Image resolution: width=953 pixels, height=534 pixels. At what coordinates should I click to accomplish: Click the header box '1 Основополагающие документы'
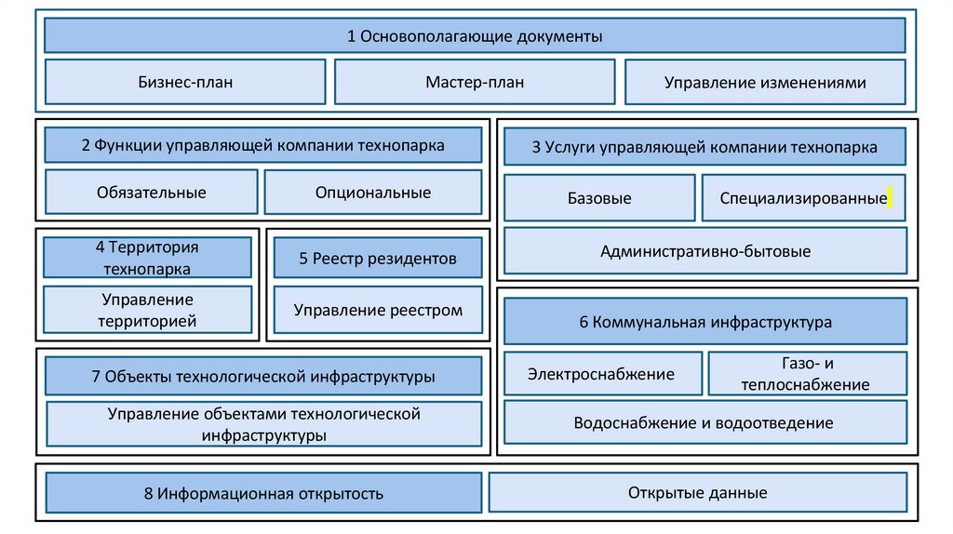tap(475, 36)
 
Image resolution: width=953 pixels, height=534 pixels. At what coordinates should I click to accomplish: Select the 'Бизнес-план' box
tap(185, 82)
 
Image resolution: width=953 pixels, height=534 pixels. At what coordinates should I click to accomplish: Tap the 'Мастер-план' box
tap(475, 82)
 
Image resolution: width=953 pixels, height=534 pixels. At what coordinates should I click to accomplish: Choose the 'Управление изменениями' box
tap(765, 82)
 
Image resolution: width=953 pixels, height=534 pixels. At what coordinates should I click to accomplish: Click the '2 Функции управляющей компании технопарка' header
tap(263, 145)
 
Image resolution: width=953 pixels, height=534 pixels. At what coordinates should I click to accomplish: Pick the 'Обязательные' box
tap(152, 193)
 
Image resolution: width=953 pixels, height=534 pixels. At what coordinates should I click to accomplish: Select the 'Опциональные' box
tap(373, 193)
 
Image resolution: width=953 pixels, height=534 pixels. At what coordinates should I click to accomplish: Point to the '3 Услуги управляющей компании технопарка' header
tap(705, 147)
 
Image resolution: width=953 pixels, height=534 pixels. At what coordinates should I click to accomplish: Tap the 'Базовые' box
tap(599, 198)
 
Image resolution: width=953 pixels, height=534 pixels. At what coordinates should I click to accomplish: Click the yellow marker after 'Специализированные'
tap(890, 196)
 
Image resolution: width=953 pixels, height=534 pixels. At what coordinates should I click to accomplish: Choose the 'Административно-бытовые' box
tap(705, 251)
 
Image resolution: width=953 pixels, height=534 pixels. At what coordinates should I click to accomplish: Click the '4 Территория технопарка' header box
tap(147, 258)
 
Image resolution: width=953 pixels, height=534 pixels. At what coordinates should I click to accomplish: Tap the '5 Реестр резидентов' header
tap(378, 258)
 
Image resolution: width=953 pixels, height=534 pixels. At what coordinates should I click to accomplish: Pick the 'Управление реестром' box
tap(378, 311)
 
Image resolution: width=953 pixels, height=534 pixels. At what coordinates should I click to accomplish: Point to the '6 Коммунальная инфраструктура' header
tap(705, 322)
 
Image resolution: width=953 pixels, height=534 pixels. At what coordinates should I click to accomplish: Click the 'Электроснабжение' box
tap(602, 374)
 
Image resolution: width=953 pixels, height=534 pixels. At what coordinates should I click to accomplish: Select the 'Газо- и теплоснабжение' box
tap(807, 374)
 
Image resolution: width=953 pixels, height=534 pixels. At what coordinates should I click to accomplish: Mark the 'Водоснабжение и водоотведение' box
tap(705, 423)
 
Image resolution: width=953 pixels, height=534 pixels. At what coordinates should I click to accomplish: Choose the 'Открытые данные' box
tap(697, 493)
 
